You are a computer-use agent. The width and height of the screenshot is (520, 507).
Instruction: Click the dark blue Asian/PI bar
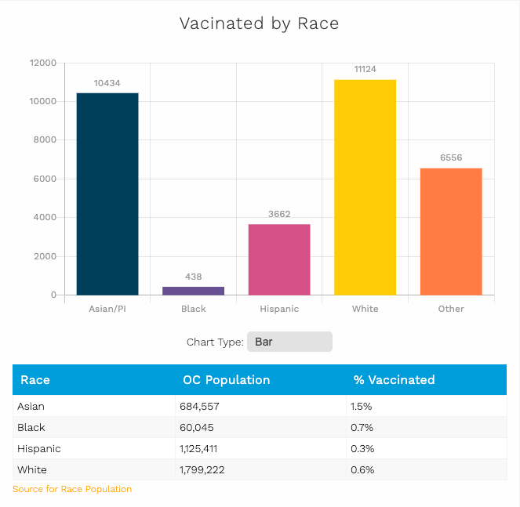click(107, 194)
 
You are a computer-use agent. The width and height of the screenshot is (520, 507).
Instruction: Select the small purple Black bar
click(193, 290)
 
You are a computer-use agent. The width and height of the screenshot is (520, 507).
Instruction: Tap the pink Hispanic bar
click(279, 259)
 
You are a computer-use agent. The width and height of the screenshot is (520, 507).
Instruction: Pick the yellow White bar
click(365, 187)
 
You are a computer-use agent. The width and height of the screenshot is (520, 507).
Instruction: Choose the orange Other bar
click(451, 231)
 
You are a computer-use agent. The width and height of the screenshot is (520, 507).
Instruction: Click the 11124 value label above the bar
click(365, 69)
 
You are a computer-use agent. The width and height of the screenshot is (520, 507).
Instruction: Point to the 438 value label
click(193, 277)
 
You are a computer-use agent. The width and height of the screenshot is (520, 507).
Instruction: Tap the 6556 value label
click(451, 158)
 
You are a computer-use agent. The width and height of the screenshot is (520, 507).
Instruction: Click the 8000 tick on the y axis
click(42, 140)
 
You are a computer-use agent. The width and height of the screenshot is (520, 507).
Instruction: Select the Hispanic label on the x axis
click(279, 309)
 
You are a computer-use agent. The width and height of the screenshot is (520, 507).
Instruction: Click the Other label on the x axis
click(451, 309)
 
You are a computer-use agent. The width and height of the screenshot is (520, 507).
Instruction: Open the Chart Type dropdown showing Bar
click(289, 342)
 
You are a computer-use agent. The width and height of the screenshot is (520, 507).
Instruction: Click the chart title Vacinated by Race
click(260, 24)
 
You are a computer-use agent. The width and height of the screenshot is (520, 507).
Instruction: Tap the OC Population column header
click(226, 380)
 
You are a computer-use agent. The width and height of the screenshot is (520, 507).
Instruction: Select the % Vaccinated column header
click(394, 380)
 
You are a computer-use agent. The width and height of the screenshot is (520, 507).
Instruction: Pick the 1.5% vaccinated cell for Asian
click(362, 407)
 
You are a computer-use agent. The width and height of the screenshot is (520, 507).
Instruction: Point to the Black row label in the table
click(31, 428)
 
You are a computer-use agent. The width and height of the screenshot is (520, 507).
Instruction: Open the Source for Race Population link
click(72, 489)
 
